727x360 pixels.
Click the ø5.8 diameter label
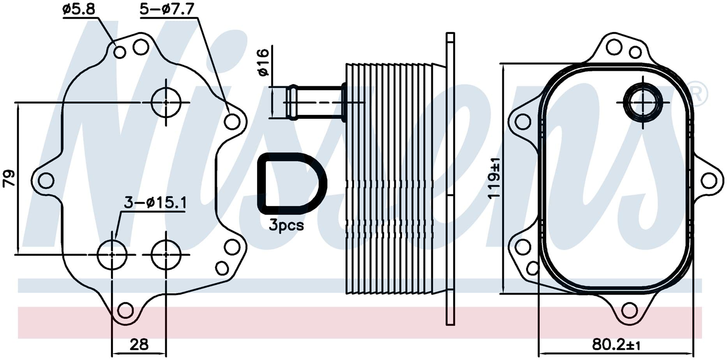(79, 9)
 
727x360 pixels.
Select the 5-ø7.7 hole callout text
(168, 9)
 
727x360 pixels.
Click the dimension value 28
(139, 344)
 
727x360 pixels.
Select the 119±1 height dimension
(495, 178)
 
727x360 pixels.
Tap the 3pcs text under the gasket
(286, 225)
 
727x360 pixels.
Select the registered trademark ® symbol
(697, 94)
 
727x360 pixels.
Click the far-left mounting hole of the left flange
(46, 180)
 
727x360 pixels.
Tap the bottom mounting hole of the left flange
(125, 310)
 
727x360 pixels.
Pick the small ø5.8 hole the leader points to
(120, 52)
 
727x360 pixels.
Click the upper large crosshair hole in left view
(166, 102)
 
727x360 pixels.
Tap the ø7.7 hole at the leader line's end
(232, 122)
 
